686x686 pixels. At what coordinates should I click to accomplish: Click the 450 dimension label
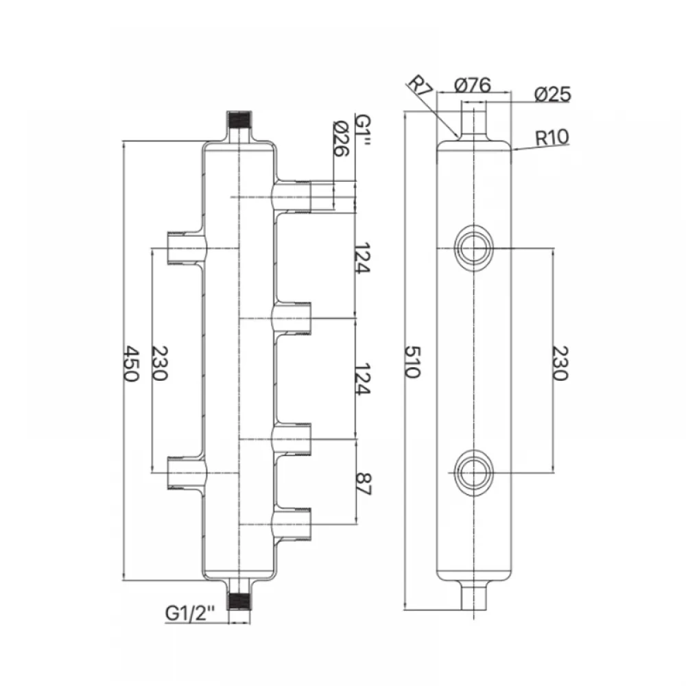click(131, 364)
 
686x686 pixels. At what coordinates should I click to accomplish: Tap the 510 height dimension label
click(412, 362)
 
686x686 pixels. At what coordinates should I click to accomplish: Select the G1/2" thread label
click(190, 613)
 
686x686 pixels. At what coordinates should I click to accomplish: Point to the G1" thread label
click(364, 130)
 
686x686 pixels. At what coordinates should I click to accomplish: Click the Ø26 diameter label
click(341, 139)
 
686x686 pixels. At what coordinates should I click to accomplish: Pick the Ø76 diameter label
click(473, 85)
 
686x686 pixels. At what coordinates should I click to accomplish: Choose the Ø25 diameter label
click(552, 94)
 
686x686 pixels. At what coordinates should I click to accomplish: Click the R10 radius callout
click(552, 137)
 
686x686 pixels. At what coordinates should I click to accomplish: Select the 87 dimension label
click(364, 484)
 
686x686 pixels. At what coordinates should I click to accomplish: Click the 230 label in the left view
click(160, 364)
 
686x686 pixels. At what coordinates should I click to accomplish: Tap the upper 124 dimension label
click(363, 258)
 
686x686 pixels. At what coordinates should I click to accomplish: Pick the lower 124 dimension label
click(363, 379)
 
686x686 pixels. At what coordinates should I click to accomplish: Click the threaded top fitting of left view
click(239, 126)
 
